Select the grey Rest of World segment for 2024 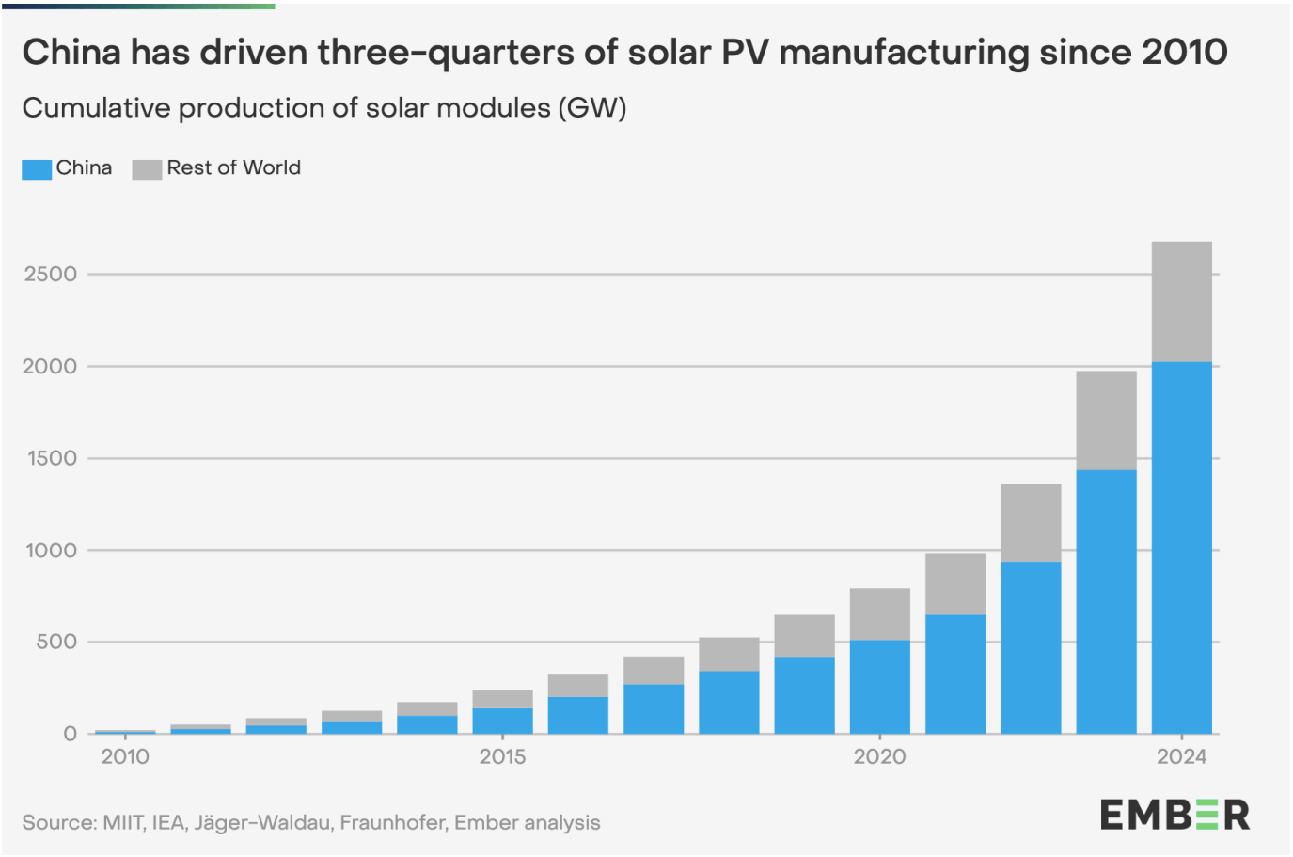(x=1181, y=301)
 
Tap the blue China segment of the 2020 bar (x=879, y=687)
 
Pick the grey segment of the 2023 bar (x=1106, y=421)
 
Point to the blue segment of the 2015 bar (x=502, y=721)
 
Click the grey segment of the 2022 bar (x=1031, y=522)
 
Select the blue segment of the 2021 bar (x=955, y=674)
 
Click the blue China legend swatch (x=37, y=169)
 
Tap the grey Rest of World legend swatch (x=147, y=169)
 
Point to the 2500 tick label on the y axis (x=51, y=275)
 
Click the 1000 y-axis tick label (x=51, y=550)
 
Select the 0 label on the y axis (x=71, y=734)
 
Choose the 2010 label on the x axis (x=125, y=756)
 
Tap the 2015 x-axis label (x=502, y=756)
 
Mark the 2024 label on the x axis (x=1181, y=756)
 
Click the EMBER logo (x=1175, y=815)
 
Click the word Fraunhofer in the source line (x=392, y=822)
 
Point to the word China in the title (x=71, y=53)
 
